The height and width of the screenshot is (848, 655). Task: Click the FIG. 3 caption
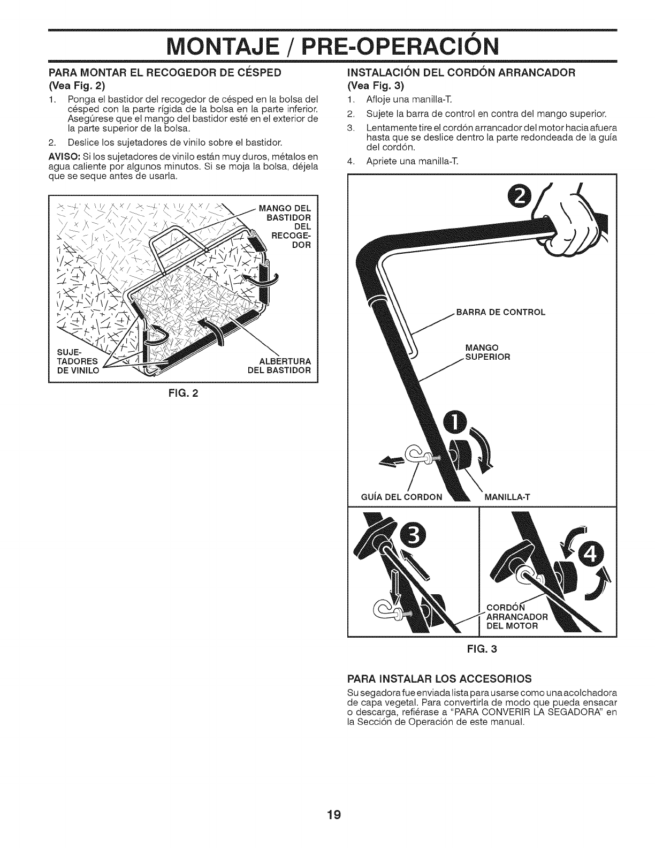point(482,649)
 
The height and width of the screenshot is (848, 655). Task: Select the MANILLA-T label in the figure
point(507,496)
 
